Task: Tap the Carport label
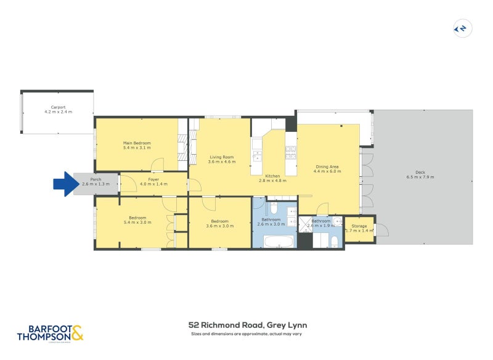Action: coord(58,107)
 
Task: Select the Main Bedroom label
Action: coord(137,143)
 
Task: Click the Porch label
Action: coord(96,179)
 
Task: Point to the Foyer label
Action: coord(153,179)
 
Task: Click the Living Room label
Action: coord(221,157)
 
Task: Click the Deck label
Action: coord(420,172)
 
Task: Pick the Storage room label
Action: coord(359,226)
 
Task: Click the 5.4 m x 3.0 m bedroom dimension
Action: coord(137,222)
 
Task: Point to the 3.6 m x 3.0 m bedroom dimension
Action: coord(220,226)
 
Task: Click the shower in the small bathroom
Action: coord(306,224)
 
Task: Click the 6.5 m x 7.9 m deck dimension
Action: coord(420,177)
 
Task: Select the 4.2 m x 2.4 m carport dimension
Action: coord(58,112)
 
